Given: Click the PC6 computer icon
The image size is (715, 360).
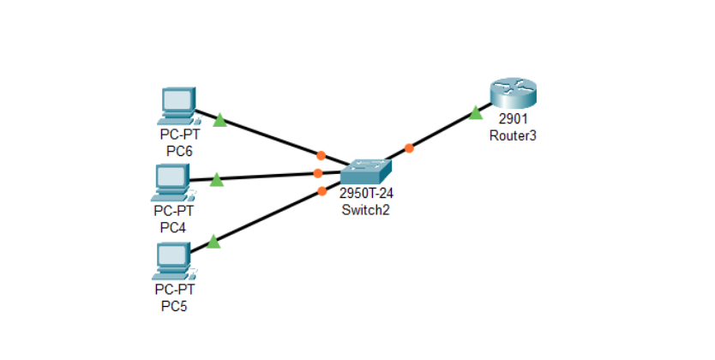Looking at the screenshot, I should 178,105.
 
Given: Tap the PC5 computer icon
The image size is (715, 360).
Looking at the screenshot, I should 174,261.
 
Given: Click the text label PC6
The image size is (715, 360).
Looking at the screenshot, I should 179,151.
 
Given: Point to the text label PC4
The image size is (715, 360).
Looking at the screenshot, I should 173,227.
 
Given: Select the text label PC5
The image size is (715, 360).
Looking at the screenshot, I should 175,306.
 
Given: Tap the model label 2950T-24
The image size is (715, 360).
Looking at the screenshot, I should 366,194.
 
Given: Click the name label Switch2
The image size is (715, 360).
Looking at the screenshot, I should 365,209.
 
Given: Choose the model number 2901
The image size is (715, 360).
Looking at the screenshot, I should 513,119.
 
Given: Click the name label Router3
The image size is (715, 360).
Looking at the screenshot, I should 513,135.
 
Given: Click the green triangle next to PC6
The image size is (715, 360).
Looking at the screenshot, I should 219,120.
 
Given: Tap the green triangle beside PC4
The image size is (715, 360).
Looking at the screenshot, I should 217,179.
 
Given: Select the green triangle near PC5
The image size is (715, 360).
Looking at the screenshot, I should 213,243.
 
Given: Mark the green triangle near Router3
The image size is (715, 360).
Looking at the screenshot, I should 475,113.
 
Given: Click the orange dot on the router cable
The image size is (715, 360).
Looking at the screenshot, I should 409,148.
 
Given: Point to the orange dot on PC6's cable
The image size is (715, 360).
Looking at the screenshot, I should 321,155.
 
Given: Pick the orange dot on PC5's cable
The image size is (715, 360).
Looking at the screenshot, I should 321,191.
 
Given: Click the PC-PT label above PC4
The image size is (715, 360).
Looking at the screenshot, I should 173,211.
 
